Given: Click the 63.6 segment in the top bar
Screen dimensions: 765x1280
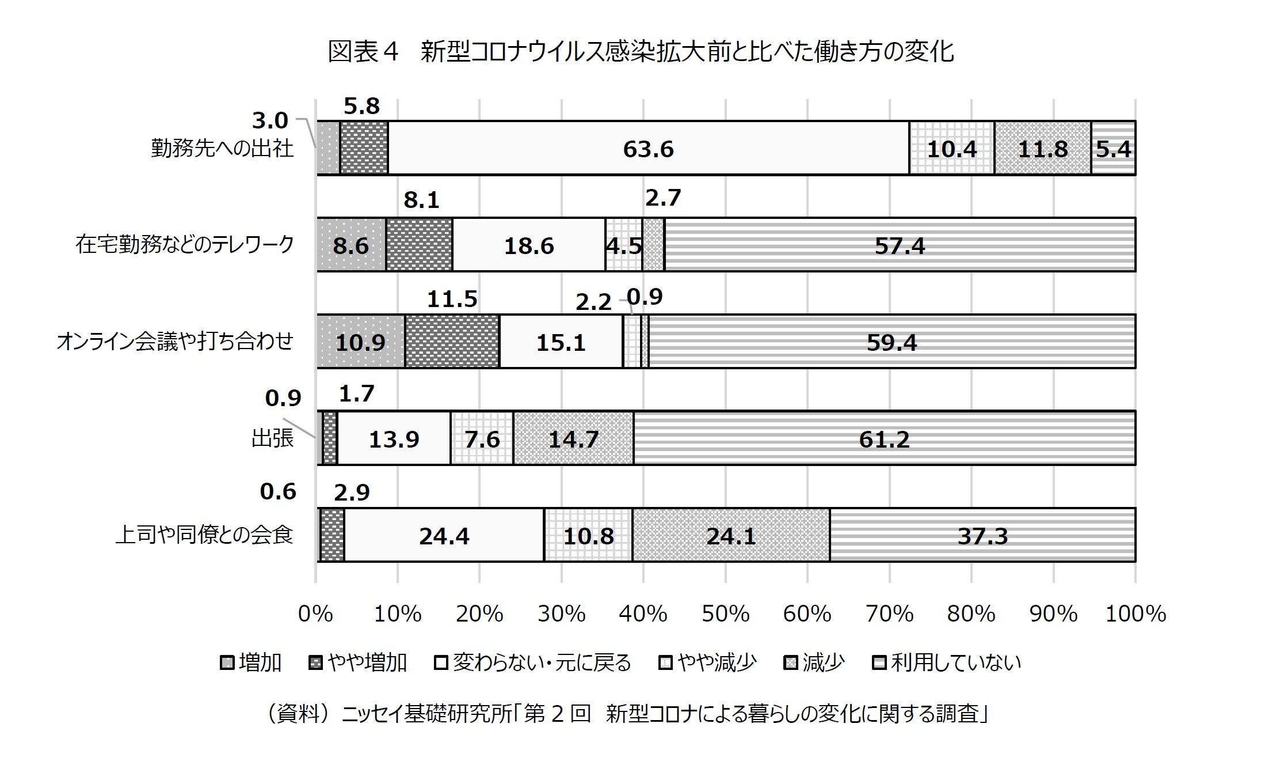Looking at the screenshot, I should pos(649,148).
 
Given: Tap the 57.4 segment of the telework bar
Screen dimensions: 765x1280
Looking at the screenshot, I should pos(900,245).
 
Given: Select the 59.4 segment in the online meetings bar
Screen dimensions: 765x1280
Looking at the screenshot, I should pos(892,342).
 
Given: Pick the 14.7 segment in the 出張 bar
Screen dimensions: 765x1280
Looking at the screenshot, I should pos(573,438).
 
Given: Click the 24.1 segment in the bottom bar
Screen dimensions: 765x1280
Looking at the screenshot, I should pos(731,535).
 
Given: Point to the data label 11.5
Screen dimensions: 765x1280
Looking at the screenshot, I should pos(452,299).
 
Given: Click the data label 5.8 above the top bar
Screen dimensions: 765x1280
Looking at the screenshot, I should pos(362,106).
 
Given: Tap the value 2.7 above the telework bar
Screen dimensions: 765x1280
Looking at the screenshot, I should pos(663,198).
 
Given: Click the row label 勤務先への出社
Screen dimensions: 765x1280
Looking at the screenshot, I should pos(222,148).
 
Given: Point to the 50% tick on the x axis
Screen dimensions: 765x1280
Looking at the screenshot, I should pos(725,614).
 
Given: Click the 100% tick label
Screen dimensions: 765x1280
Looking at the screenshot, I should pos(1136,614).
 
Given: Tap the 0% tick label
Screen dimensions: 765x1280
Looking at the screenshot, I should pos(315,614).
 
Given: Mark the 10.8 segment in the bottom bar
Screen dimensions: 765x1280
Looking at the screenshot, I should pos(588,535).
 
